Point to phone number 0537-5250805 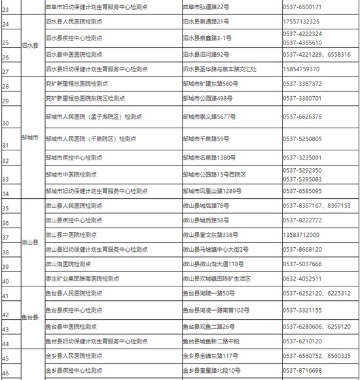tap(302, 139)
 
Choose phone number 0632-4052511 tap(302, 279)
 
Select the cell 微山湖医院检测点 tap(67, 264)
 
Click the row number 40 tap(6, 281)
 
